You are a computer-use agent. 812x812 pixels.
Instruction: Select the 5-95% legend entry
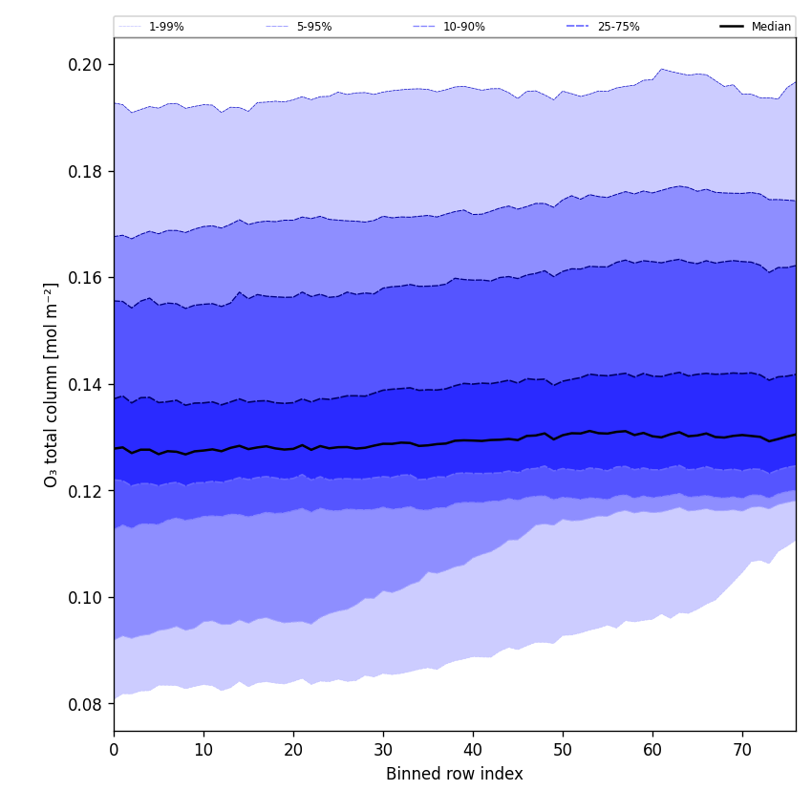(313, 27)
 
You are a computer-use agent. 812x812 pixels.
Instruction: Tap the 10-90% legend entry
(463, 27)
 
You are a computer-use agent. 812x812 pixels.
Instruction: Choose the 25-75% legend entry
(618, 27)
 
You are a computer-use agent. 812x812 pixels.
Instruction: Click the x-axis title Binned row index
(455, 775)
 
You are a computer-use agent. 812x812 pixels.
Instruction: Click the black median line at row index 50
(563, 436)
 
